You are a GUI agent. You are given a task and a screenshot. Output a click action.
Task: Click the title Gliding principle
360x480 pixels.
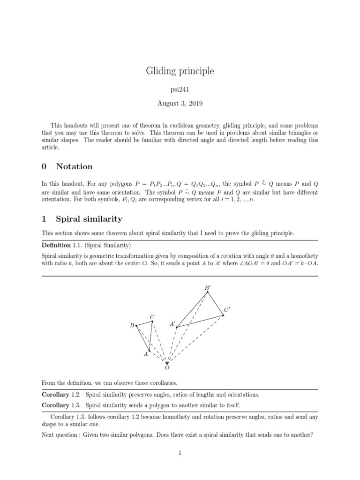click(180, 71)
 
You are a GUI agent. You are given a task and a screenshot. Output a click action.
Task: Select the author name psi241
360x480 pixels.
click(180, 90)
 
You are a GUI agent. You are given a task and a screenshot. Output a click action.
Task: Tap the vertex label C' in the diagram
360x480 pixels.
click(227, 310)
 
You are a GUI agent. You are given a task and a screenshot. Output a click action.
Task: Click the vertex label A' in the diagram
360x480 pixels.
click(172, 323)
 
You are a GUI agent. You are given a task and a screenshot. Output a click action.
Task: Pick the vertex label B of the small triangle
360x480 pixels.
click(132, 325)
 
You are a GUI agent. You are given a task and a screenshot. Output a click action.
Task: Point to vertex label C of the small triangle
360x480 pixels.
click(152, 317)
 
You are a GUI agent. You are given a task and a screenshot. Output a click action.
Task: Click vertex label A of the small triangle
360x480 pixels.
click(146, 354)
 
